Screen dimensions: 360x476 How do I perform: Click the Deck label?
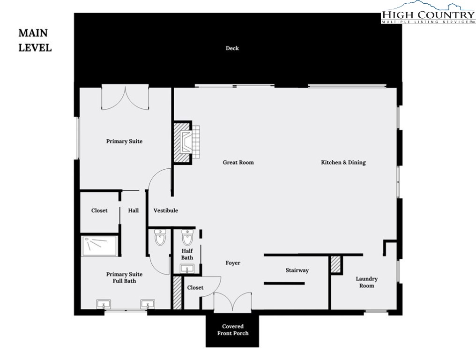tap(232, 48)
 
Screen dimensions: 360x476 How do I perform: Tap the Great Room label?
tap(238, 163)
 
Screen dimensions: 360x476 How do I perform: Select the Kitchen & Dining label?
tap(343, 163)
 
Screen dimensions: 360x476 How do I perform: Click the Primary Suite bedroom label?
tap(124, 141)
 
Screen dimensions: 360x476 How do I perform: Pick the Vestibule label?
tap(166, 210)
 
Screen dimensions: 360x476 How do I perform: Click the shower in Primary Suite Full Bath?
tap(100, 246)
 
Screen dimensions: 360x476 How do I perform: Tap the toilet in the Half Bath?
tap(187, 238)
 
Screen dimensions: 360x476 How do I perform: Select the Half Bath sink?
tap(187, 269)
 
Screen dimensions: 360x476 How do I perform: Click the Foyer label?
tap(233, 263)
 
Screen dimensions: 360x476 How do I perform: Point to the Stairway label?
tap(297, 270)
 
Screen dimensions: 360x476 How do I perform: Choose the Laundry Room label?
tap(366, 282)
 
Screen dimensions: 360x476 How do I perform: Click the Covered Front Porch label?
tap(232, 330)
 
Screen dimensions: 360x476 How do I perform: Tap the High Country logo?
tap(427, 13)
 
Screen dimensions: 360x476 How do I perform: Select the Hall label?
tap(134, 210)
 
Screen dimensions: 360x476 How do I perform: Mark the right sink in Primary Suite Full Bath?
tap(148, 305)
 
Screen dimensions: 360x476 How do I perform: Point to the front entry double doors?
tap(232, 302)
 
